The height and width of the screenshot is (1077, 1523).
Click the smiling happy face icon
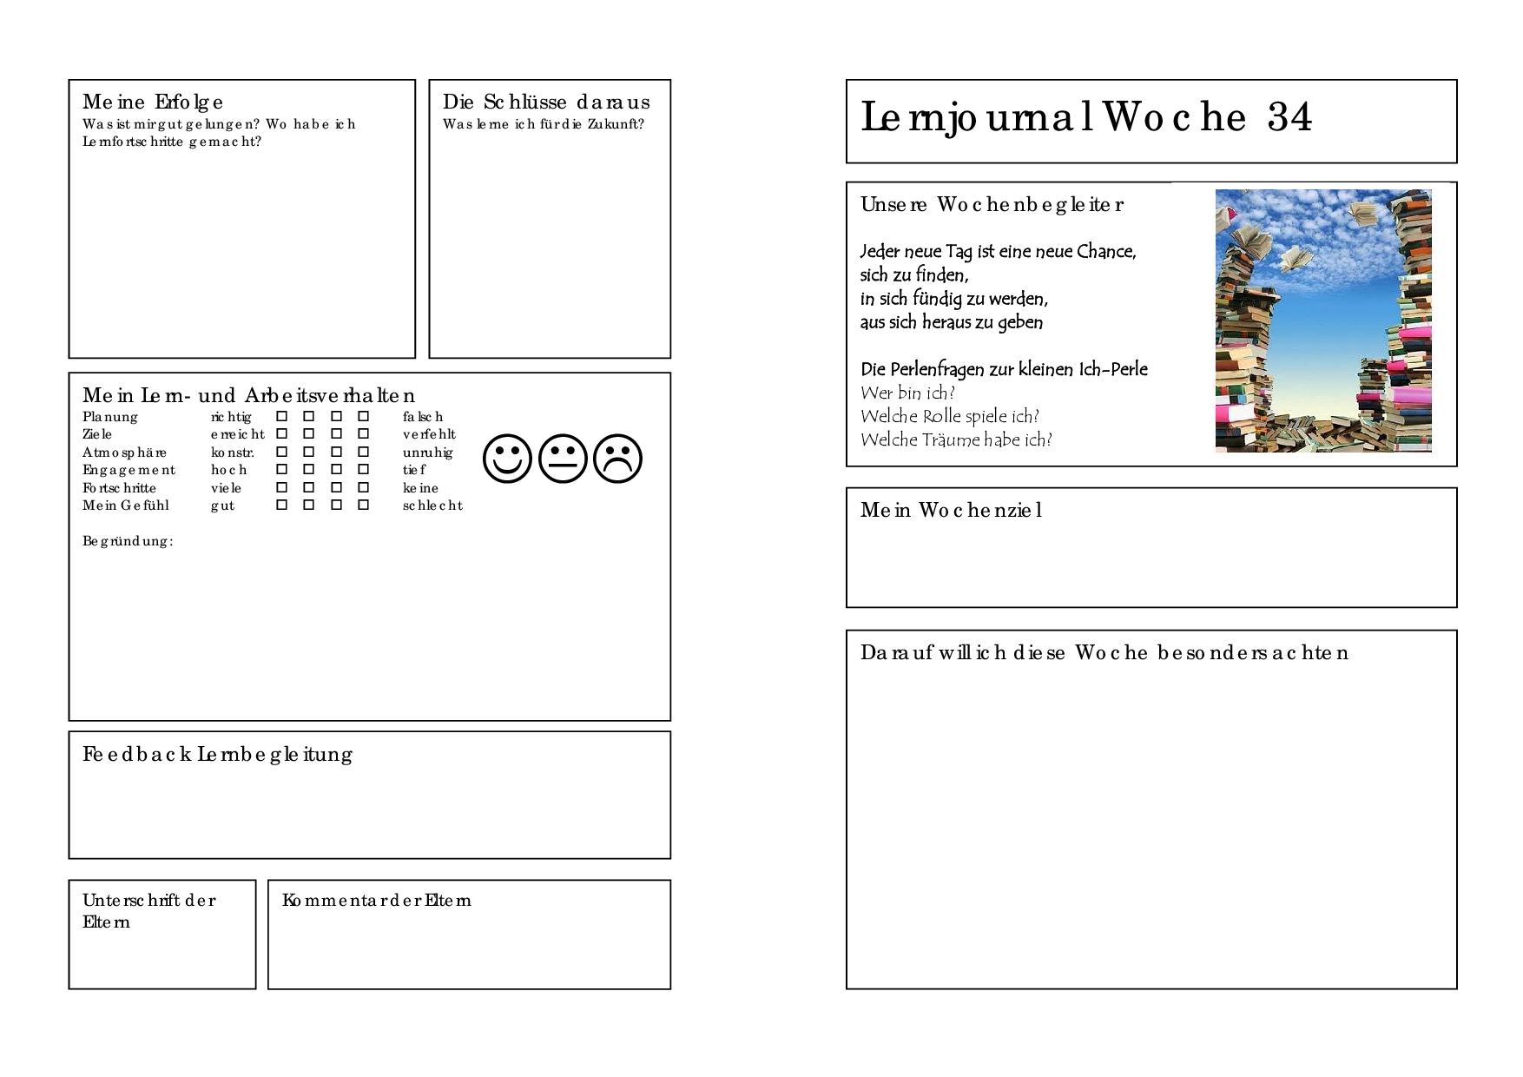point(507,459)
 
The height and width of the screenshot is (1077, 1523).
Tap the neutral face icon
point(563,459)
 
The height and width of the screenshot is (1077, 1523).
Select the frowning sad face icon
point(617,459)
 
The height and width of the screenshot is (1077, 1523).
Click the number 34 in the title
point(1289,117)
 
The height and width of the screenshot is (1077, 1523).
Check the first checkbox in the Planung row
point(281,416)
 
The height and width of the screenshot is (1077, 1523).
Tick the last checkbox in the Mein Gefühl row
point(363,505)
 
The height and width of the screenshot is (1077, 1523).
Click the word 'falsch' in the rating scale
point(423,417)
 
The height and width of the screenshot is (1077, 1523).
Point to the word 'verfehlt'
point(429,434)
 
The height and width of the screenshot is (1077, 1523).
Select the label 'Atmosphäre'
point(124,453)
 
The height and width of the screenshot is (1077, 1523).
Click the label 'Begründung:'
point(128,541)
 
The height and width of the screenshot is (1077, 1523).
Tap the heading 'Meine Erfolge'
point(153,102)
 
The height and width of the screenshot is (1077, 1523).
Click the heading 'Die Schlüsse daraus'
point(546,102)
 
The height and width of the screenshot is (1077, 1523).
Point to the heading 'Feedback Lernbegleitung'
point(217,755)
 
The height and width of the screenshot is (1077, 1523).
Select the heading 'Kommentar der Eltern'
point(377,901)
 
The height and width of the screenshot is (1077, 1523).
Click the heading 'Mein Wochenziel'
point(951,511)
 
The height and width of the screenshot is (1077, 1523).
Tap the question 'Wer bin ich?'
point(907,393)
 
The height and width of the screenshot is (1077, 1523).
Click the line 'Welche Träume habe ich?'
point(956,440)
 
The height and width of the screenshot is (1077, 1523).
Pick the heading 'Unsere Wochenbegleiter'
point(992,205)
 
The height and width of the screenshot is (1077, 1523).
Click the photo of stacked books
point(1323,320)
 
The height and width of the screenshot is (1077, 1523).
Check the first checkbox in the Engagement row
point(281,469)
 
